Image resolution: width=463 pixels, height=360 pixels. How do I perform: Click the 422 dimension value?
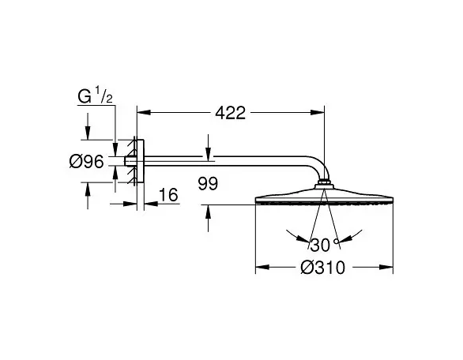(231, 113)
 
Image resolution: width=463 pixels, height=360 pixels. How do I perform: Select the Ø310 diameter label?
(322, 268)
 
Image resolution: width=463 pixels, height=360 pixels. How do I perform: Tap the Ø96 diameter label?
(87, 162)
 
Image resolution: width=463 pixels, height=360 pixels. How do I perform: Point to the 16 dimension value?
(168, 195)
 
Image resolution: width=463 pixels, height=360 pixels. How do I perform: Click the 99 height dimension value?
(208, 183)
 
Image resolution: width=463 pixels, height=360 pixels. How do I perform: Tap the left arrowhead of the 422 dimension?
(144, 112)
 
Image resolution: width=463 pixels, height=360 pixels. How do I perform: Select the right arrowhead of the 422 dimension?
(318, 112)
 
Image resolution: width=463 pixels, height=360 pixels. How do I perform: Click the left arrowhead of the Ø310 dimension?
(262, 267)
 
